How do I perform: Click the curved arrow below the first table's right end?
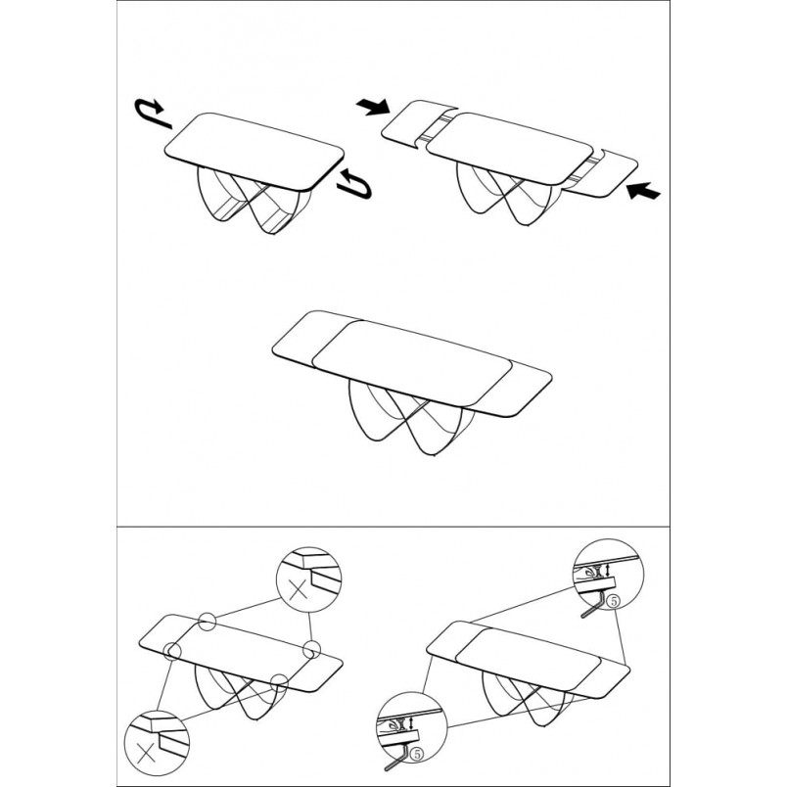click(355, 184)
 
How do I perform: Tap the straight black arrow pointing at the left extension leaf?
click(373, 107)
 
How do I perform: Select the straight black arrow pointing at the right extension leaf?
click(644, 191)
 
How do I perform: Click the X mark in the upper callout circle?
click(299, 588)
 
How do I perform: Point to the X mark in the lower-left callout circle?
click(146, 753)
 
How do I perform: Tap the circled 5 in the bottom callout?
click(416, 753)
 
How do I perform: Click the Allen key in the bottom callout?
click(397, 757)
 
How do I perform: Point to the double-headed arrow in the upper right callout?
click(608, 570)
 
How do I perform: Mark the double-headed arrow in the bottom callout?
click(412, 722)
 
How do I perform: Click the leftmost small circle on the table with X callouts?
click(171, 651)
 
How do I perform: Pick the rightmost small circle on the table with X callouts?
click(311, 649)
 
